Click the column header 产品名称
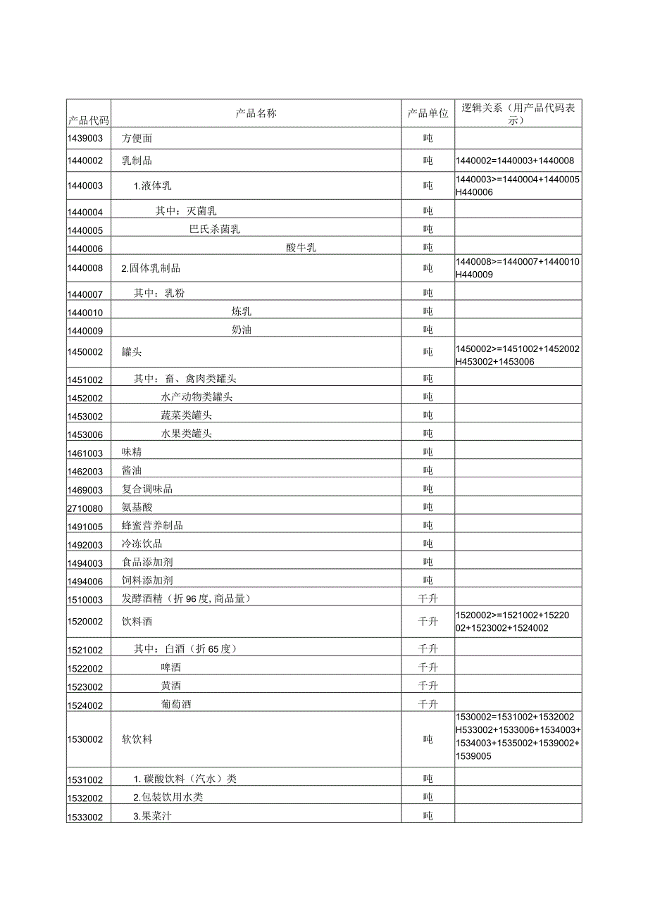(x=256, y=113)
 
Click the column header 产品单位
(x=428, y=113)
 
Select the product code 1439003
(x=85, y=139)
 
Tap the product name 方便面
(x=137, y=139)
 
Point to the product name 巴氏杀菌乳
(x=214, y=229)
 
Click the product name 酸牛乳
(x=301, y=247)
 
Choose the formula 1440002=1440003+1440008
(x=515, y=161)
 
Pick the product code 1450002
(x=85, y=352)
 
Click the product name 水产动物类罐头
(x=197, y=397)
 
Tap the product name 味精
(x=132, y=452)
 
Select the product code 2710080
(x=85, y=508)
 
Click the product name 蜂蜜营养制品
(x=152, y=526)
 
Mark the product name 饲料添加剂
(x=147, y=581)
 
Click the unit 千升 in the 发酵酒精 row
(x=428, y=599)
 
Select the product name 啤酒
(x=170, y=667)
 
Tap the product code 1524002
(x=85, y=705)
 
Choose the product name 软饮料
(x=137, y=739)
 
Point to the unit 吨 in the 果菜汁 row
(x=428, y=816)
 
